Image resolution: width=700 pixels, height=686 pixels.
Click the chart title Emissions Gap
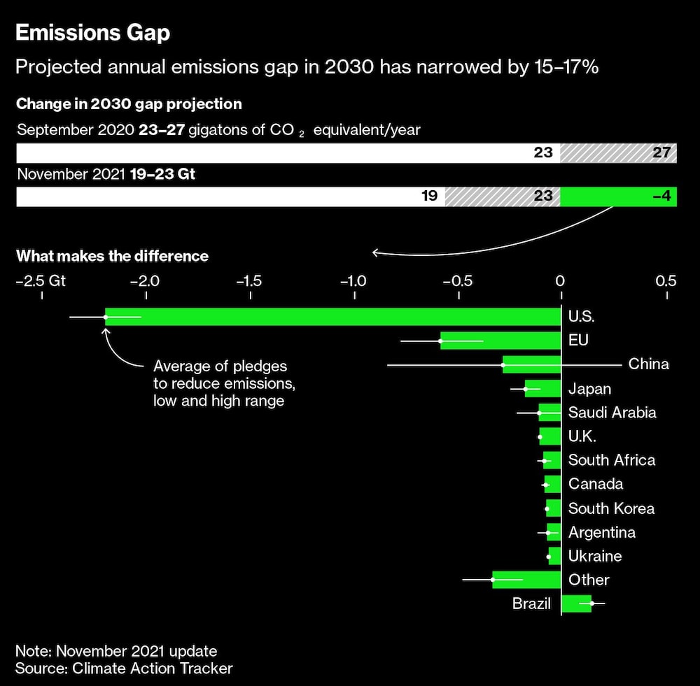click(92, 33)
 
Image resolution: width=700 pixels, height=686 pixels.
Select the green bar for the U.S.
click(332, 317)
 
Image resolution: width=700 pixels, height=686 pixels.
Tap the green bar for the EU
click(500, 341)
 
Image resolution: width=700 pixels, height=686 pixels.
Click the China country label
click(648, 364)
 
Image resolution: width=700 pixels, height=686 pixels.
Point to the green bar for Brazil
click(577, 603)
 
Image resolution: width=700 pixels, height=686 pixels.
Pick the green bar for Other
click(526, 580)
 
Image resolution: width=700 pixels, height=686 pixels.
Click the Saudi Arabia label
click(612, 413)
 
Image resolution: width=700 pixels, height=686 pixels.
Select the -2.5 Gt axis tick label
click(41, 281)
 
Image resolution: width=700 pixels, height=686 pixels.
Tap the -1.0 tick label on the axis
click(353, 281)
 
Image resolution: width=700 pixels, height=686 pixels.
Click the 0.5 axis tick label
click(666, 281)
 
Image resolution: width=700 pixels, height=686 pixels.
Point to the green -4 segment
click(618, 196)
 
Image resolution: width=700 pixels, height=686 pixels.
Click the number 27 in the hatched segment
click(661, 152)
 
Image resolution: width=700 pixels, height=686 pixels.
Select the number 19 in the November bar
click(429, 196)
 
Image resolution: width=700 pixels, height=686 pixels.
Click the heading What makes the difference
click(112, 256)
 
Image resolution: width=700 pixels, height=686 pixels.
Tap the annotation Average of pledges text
click(220, 383)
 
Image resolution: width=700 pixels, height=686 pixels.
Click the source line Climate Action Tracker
click(124, 668)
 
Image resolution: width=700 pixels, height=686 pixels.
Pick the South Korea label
click(611, 508)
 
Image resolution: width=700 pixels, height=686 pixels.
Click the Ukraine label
click(594, 556)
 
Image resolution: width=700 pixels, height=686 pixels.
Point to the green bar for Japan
click(543, 389)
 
